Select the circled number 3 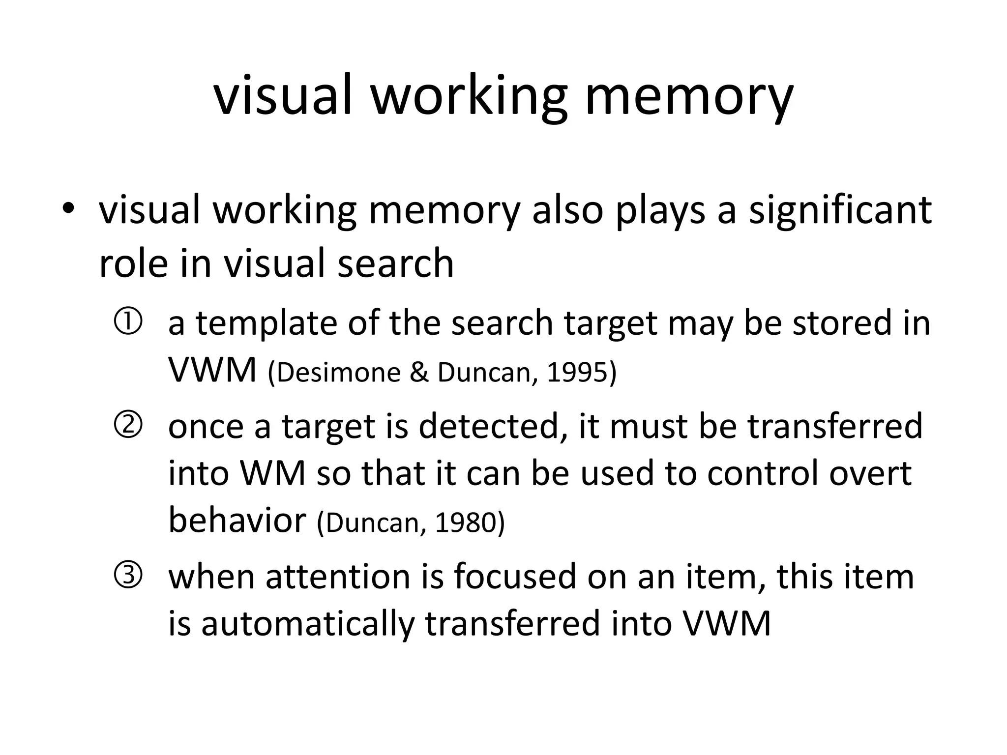128,575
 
